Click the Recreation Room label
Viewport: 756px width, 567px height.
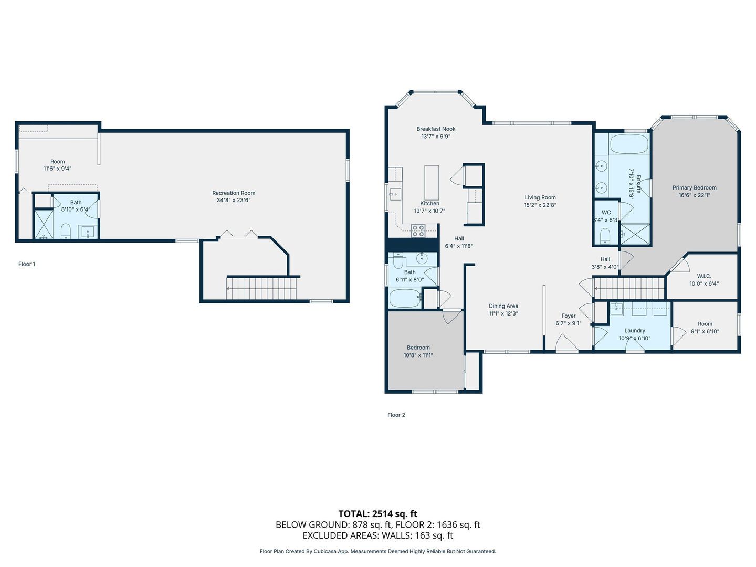tap(234, 193)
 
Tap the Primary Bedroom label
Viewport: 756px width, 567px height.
tap(695, 187)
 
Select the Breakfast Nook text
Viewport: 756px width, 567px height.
tap(436, 129)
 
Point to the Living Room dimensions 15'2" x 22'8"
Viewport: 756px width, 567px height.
tap(540, 205)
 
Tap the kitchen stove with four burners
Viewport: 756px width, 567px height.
tap(418, 230)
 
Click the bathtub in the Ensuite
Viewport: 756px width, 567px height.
tap(629, 143)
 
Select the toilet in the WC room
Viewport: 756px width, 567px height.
tap(605, 236)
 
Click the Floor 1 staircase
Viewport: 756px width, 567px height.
tap(261, 289)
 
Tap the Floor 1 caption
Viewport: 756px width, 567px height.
tap(27, 264)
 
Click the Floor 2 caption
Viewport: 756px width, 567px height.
tap(396, 415)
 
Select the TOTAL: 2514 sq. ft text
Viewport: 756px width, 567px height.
tap(378, 514)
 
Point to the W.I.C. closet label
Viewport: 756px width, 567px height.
tap(704, 276)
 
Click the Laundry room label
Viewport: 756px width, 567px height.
tap(635, 331)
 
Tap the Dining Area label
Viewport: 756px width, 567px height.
tap(503, 306)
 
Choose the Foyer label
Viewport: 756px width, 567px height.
tap(568, 316)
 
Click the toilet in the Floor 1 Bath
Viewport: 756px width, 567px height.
tap(66, 230)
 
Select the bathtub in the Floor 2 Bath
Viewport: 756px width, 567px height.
tap(405, 298)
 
